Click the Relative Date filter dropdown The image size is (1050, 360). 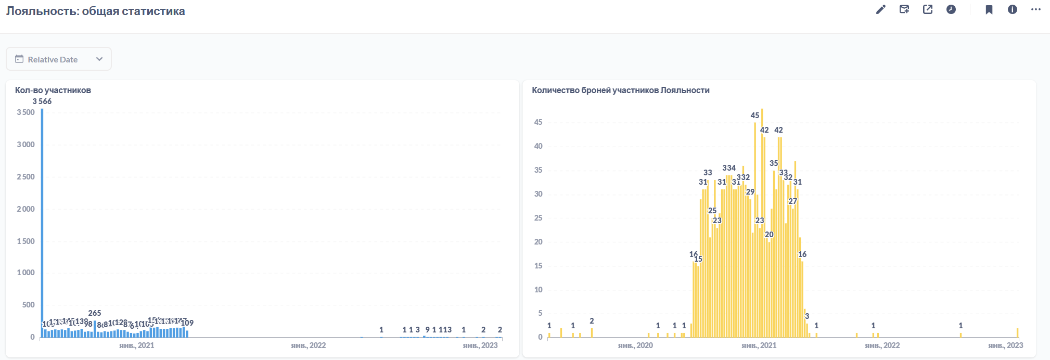coord(59,59)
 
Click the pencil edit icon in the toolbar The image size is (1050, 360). coord(880,9)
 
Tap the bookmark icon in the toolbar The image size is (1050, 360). coord(989,9)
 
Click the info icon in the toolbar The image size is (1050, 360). coord(1013,9)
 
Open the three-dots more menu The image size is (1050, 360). coord(1036,9)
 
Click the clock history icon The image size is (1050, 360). coord(951,9)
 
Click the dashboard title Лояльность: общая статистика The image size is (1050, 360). coord(95,11)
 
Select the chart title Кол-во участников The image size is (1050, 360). coord(53,90)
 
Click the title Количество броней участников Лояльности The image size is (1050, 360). coord(620,90)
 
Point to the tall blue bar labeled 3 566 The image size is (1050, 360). coord(42,218)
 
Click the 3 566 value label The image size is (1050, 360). coord(42,101)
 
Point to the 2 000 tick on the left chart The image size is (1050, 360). coord(25,209)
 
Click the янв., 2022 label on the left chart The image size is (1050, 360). coord(309,345)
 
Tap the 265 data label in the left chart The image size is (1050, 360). coord(95,313)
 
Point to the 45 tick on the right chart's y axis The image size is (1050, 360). coord(538,122)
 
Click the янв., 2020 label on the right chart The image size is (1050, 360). coord(635,345)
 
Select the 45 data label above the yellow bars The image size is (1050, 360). coord(755,115)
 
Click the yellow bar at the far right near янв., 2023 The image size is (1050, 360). coord(1017,333)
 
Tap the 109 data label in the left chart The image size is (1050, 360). coord(187,323)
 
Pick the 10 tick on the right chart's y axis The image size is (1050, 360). coord(538,290)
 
